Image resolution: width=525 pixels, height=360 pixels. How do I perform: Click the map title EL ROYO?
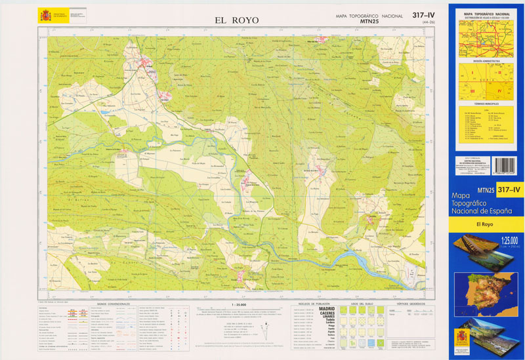(237, 20)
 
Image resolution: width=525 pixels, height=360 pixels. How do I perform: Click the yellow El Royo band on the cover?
(486, 225)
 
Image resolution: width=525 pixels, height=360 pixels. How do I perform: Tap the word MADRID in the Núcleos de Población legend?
(326, 308)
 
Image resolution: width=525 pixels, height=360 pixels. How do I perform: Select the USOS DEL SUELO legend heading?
(362, 304)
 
